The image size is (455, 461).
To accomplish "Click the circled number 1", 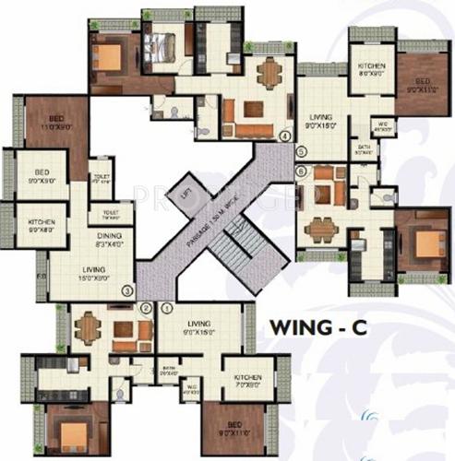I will (x=166, y=309).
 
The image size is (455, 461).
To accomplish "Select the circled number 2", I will (x=145, y=309).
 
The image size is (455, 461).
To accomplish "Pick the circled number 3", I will (x=126, y=291).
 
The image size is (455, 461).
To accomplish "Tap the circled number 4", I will (x=284, y=136).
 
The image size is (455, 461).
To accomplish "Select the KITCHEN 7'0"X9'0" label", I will (x=248, y=382).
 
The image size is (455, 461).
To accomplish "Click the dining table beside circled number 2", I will (x=88, y=328).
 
